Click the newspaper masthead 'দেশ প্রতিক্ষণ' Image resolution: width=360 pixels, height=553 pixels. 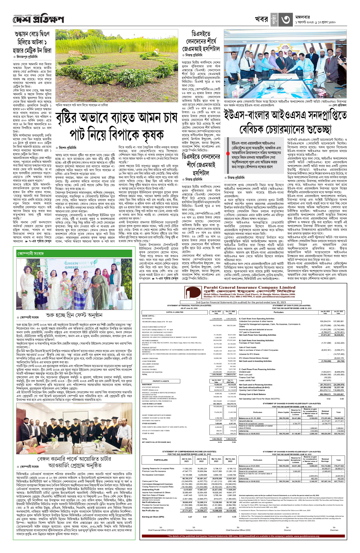point(38,20)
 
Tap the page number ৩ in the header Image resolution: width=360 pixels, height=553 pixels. point(285,20)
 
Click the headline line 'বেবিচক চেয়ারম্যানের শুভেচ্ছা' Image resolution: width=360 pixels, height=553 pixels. point(285,129)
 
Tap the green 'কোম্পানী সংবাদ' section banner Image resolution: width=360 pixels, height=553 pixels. point(30,254)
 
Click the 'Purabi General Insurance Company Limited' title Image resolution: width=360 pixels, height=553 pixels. point(245,287)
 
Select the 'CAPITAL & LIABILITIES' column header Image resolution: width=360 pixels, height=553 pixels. point(175,312)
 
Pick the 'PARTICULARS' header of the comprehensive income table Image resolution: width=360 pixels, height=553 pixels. point(161,460)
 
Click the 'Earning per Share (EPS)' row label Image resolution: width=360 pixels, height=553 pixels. point(153,517)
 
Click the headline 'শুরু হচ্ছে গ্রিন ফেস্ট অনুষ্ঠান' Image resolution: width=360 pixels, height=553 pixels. point(74,315)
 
